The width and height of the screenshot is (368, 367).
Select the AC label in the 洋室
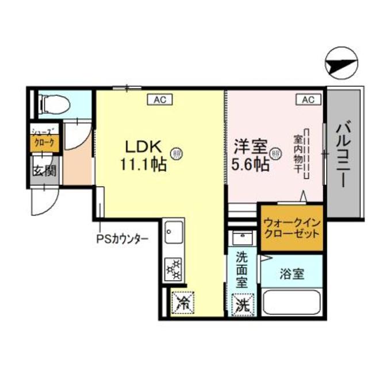[x=308, y=100]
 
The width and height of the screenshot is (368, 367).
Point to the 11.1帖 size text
[x=144, y=165]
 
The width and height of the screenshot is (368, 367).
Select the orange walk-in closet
[x=290, y=229]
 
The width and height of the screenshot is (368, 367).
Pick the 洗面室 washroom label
[x=242, y=270]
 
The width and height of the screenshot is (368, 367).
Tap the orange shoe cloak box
[x=44, y=144]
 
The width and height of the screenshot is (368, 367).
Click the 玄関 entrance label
[x=43, y=171]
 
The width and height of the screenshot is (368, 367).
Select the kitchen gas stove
[x=172, y=268]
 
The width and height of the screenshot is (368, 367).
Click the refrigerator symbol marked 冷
[x=183, y=303]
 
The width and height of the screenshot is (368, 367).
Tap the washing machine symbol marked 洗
[x=241, y=303]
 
